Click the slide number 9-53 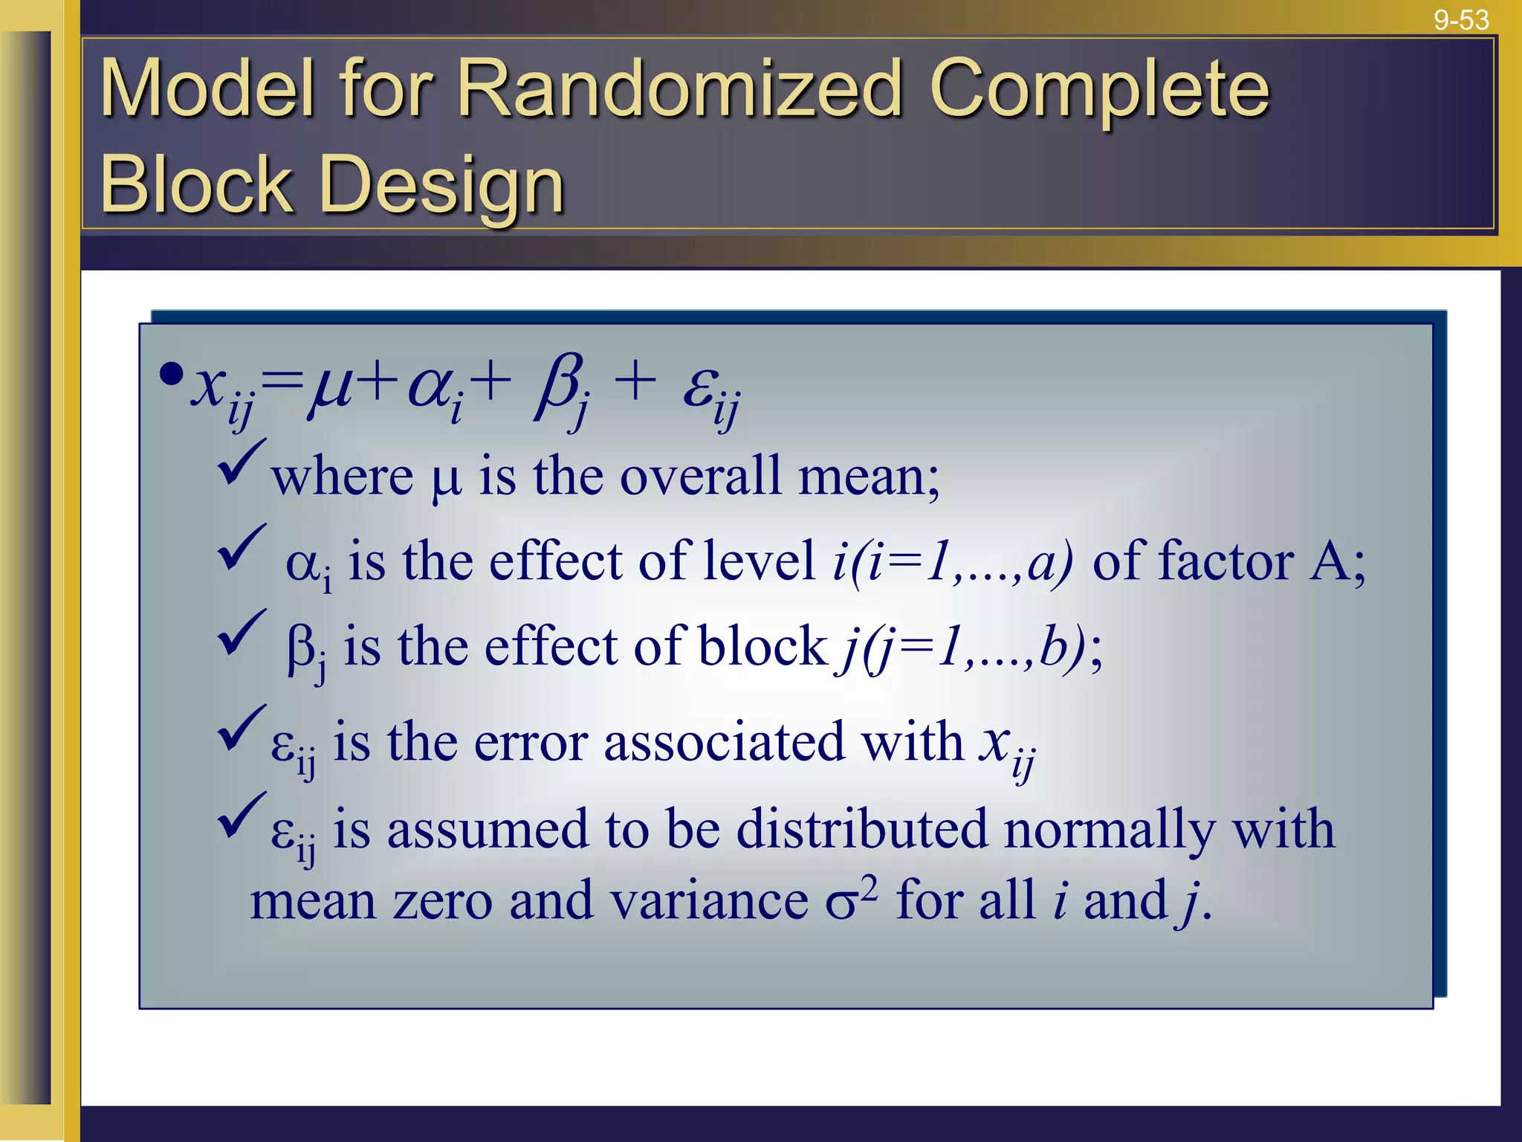coord(1461,19)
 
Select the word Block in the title coord(195,184)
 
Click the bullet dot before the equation coord(171,374)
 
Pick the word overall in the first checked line coord(700,476)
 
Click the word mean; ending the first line coord(869,476)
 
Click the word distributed coord(862,828)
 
